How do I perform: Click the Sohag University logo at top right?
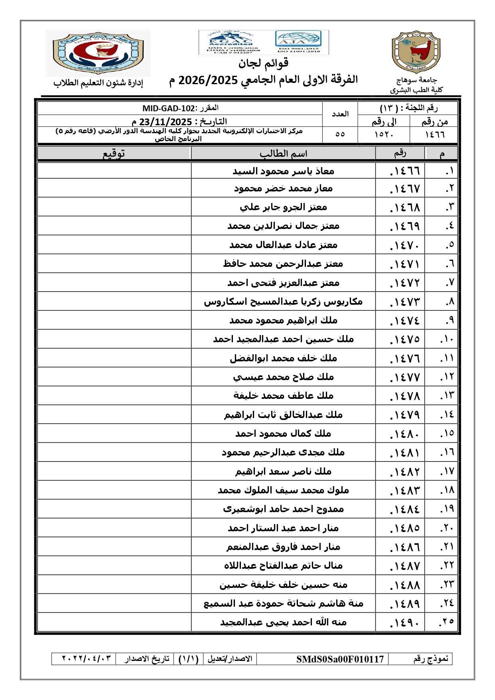pos(416,52)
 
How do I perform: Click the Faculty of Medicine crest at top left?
pos(98,53)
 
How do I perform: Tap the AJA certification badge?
pos(298,41)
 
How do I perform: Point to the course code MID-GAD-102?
pos(169,108)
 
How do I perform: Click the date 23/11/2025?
pos(166,122)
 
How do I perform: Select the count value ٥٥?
pos(340,134)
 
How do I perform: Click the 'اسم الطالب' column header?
pos(283,154)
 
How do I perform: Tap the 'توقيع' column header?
pos(114,154)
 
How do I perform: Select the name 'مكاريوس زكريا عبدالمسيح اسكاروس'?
pos(283,302)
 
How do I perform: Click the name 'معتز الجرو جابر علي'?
pos(283,207)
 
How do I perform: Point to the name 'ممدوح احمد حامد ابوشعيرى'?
pos(283,509)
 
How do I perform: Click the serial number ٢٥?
pos(446,622)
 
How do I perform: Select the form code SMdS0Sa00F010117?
pos(340,659)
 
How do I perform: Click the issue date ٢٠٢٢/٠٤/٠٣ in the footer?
pos(86,659)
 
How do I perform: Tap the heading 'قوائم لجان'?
pos(263,63)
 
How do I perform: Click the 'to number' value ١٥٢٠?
pos(384,134)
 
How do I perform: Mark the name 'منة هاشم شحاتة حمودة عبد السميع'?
pos(283,603)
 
